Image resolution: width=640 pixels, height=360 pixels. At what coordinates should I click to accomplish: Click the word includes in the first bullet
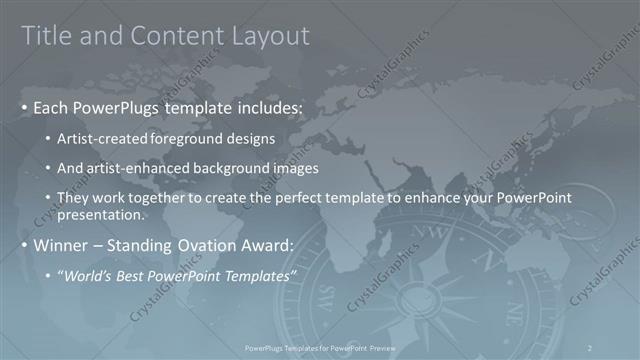click(262, 107)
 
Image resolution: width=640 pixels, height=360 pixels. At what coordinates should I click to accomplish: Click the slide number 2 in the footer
click(592, 347)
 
